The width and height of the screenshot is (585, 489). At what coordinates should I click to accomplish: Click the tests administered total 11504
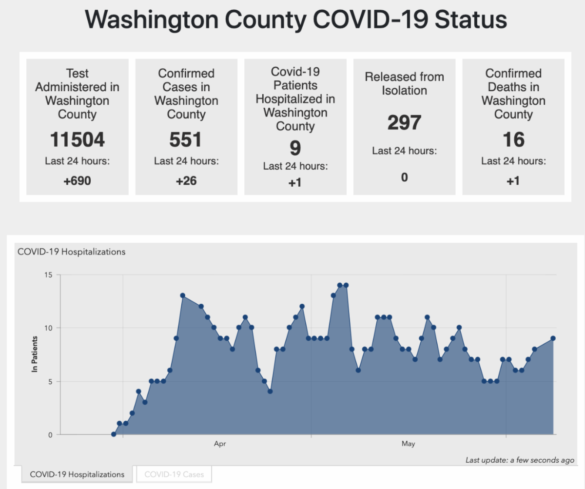click(77, 140)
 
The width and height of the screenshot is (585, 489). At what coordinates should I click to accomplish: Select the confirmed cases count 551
click(186, 140)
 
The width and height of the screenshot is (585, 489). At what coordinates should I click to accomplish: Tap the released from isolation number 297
click(404, 122)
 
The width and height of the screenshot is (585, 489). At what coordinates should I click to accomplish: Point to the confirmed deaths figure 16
click(513, 140)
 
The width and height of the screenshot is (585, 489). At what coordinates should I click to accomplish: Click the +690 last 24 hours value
click(77, 181)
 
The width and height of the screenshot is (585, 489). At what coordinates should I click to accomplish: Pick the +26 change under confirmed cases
click(186, 181)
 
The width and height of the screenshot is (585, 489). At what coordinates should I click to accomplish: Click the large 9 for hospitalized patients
click(295, 148)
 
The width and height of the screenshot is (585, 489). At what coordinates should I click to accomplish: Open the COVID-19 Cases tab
click(174, 474)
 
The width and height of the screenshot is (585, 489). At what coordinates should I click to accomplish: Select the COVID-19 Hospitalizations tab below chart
click(77, 474)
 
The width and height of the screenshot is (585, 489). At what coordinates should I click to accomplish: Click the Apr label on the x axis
click(220, 444)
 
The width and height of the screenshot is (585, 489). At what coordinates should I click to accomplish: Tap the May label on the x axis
click(409, 444)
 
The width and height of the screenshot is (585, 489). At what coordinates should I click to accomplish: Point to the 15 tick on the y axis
click(48, 275)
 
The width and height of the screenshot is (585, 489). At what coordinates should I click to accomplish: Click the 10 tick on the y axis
click(48, 328)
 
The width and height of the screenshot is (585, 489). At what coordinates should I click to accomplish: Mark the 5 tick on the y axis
click(49, 381)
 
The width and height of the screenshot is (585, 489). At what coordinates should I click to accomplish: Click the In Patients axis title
click(35, 354)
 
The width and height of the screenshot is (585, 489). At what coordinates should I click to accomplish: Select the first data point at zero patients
click(114, 434)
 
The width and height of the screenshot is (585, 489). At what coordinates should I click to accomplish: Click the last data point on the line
click(553, 338)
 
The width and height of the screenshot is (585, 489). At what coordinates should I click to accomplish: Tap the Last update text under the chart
click(520, 460)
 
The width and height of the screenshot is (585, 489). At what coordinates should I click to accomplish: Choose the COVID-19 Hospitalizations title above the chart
click(72, 252)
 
